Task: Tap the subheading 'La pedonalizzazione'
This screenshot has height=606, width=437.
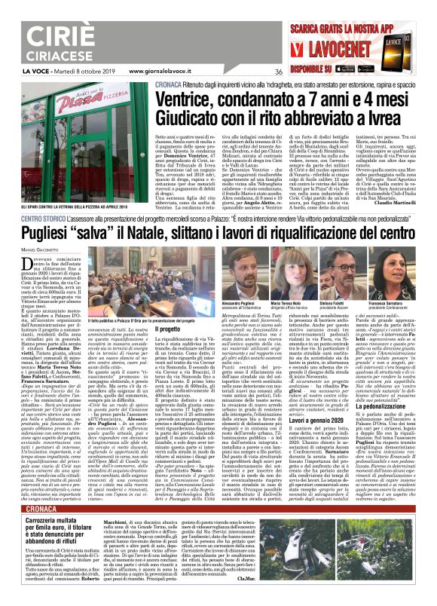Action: pyautogui.click(x=375, y=406)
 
